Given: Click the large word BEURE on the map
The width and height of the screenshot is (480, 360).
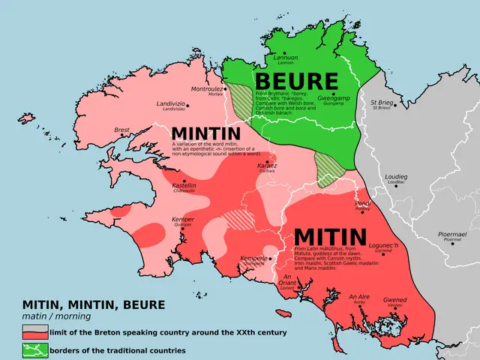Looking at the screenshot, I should click(x=296, y=82).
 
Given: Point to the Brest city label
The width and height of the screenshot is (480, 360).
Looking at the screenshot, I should click(x=121, y=130).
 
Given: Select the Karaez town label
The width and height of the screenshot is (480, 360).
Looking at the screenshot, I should click(x=266, y=165).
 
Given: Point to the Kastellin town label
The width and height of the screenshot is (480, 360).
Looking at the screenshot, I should click(x=184, y=184).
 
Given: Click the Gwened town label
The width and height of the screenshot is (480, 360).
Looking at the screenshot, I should click(x=394, y=299).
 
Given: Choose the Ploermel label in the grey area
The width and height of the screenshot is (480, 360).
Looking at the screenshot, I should click(x=451, y=235).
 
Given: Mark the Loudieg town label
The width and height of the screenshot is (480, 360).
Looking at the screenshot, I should click(x=396, y=176).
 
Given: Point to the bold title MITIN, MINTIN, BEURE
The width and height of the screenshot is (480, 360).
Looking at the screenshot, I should click(x=94, y=304).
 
